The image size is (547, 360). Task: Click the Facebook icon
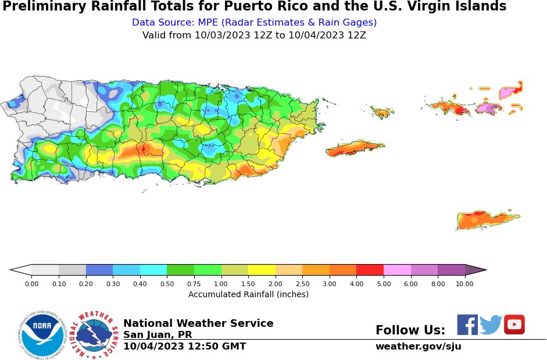(x=467, y=325)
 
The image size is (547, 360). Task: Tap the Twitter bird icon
(x=491, y=325)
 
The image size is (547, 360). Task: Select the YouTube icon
(x=514, y=325)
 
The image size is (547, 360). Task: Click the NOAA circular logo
(x=41, y=335)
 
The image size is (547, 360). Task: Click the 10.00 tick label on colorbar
(x=464, y=284)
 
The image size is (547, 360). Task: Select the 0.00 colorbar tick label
(x=31, y=284)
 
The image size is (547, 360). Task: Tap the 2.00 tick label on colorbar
(x=275, y=284)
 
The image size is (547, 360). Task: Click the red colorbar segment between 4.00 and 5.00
(x=370, y=270)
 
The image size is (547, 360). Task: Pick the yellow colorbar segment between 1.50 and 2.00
(x=262, y=270)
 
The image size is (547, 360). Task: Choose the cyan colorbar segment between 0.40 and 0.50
(x=153, y=270)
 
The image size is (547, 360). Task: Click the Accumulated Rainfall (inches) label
(x=248, y=294)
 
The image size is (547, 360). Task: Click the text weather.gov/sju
(x=418, y=347)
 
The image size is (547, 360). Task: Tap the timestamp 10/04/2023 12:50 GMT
(x=184, y=347)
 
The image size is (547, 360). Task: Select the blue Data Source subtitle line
(x=254, y=23)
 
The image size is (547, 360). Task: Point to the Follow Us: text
(x=410, y=330)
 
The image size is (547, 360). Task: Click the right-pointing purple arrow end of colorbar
(x=476, y=270)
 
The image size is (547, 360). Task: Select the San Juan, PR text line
(x=158, y=335)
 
